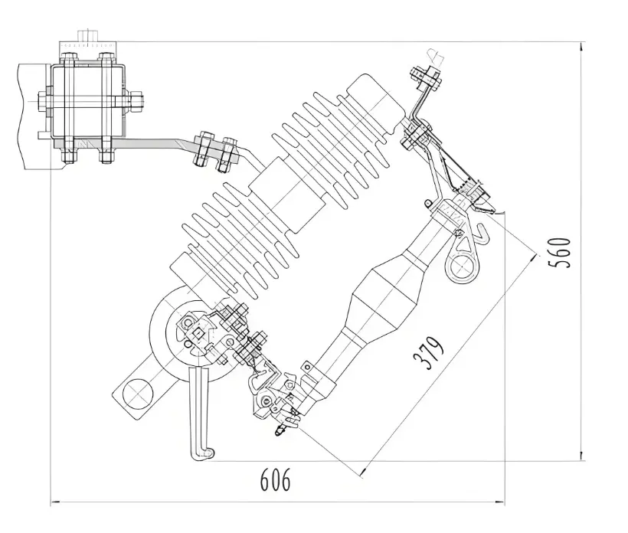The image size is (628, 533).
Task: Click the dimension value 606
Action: click(275, 481)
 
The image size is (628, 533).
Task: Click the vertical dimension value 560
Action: click(561, 252)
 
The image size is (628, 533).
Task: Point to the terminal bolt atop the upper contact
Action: click(426, 77)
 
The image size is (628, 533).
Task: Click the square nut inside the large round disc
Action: click(198, 333)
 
